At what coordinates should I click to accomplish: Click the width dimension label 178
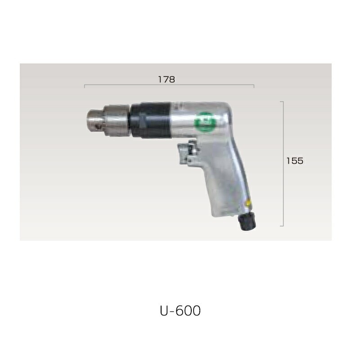(166, 80)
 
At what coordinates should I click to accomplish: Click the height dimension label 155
(295, 161)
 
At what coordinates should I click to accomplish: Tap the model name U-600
(180, 310)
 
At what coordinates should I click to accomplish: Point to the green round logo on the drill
(205, 121)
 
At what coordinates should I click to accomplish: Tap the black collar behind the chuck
(150, 121)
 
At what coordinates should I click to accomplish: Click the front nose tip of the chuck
(88, 120)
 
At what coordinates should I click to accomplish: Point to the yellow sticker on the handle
(247, 203)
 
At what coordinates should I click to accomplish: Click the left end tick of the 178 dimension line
(85, 86)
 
